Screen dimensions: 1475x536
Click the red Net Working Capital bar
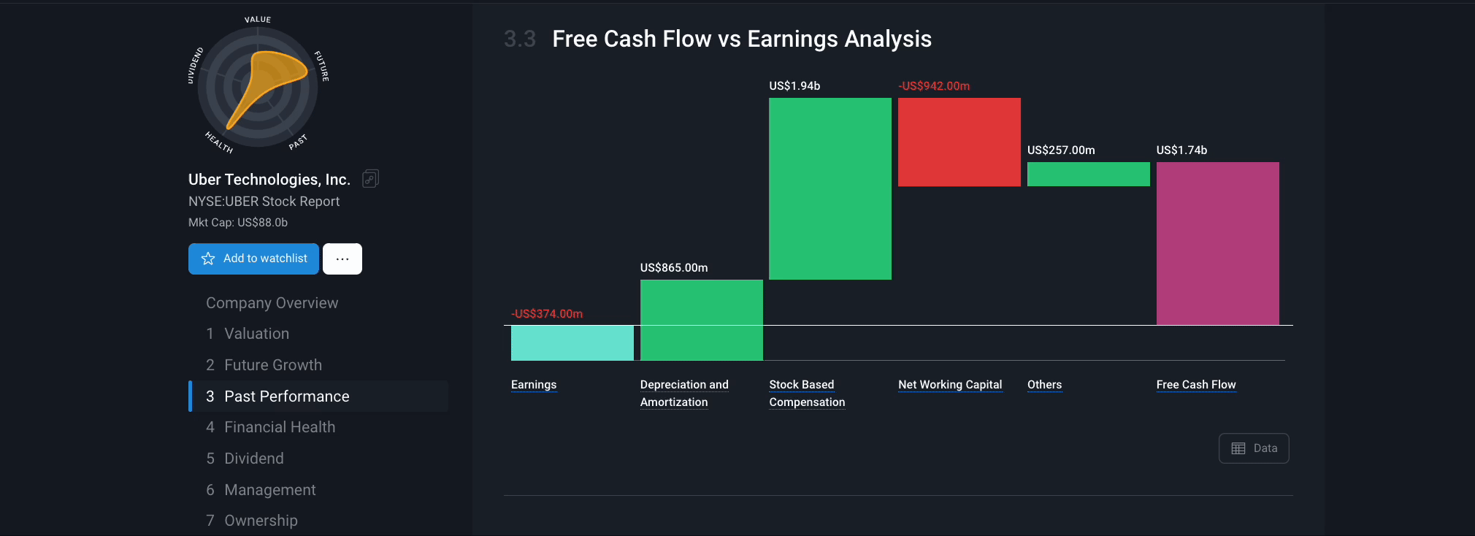(x=959, y=142)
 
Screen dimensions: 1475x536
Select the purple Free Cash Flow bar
(x=1217, y=243)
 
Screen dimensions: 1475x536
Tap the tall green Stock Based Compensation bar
(x=830, y=188)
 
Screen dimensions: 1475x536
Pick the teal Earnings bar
(x=572, y=342)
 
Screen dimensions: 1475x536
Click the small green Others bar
(x=1088, y=174)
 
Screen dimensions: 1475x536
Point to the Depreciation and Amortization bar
(x=701, y=320)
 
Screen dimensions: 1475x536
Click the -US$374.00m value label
(x=547, y=314)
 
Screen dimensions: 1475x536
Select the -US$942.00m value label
(x=934, y=86)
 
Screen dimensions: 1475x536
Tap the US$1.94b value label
(x=794, y=86)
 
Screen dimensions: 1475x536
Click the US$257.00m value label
(x=1061, y=150)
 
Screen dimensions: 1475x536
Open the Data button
(x=1254, y=448)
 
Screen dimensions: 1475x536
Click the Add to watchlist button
(x=253, y=259)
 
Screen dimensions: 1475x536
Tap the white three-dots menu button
(x=342, y=259)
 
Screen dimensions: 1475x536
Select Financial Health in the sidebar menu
(x=280, y=427)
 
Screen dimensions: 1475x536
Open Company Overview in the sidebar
(x=272, y=303)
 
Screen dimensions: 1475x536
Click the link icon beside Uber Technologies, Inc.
(x=370, y=179)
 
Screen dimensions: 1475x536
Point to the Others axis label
(x=1044, y=385)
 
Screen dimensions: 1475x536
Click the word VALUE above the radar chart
(x=258, y=20)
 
